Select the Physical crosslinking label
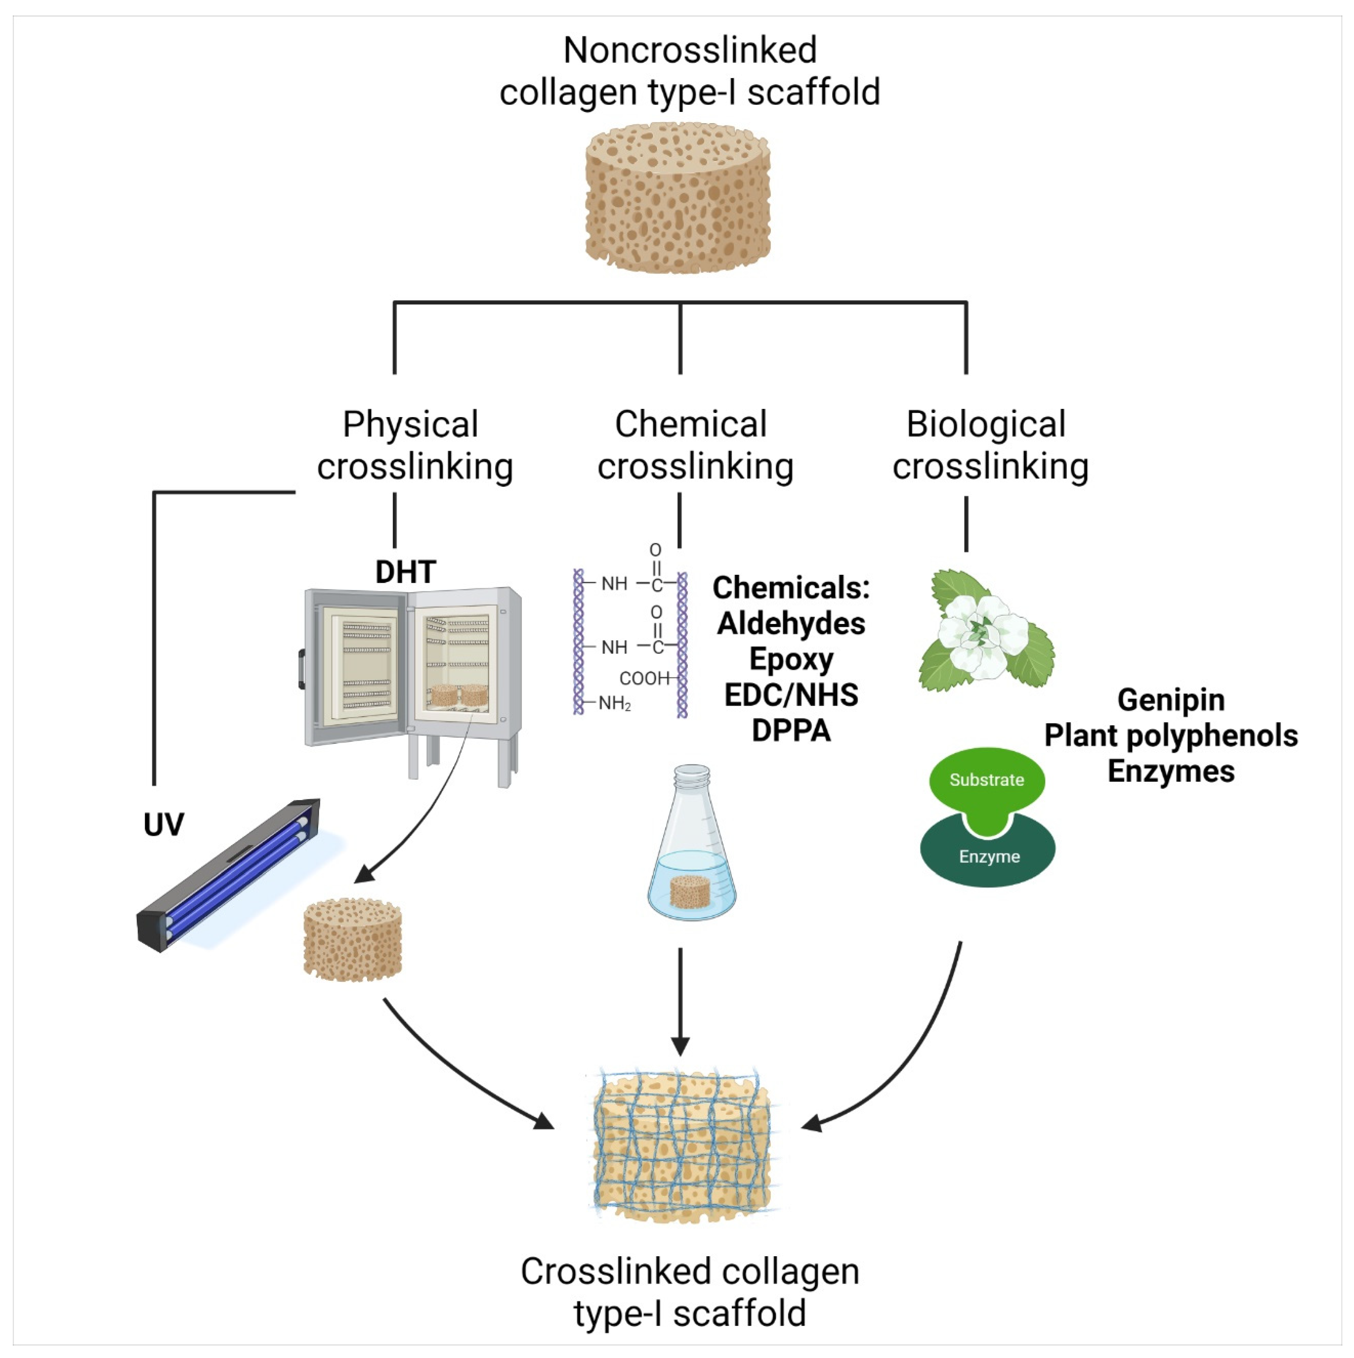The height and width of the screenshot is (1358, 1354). [413, 445]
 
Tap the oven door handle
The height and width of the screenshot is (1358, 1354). [302, 669]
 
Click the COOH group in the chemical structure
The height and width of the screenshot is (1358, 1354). [643, 678]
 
